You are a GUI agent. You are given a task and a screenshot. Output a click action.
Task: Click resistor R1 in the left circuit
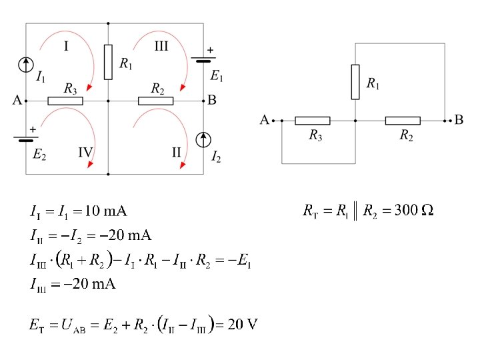coord(108,62)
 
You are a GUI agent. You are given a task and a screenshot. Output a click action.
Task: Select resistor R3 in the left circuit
coord(65,101)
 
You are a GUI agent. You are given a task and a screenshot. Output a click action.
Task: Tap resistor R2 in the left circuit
coord(155,101)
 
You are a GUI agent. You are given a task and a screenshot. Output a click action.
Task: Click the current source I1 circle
coord(25,64)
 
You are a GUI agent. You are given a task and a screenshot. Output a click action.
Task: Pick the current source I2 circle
coord(203,139)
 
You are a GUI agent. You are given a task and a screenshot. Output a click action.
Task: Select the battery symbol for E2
coord(25,139)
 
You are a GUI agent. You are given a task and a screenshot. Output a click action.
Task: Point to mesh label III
coord(161,46)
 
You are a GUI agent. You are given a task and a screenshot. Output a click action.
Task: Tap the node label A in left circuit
coord(17,101)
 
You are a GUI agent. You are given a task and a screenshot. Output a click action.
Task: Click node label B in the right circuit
coord(459,120)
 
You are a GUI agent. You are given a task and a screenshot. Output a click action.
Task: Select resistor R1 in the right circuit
coord(355,81)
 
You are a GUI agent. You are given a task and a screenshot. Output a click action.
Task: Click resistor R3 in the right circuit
coord(312,121)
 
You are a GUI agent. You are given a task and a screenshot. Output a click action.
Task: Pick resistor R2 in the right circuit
coord(403,121)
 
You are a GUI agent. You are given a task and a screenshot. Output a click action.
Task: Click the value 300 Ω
coord(414,211)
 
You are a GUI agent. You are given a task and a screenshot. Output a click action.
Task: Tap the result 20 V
coord(242,325)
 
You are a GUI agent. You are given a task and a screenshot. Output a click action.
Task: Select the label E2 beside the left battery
coord(39,155)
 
